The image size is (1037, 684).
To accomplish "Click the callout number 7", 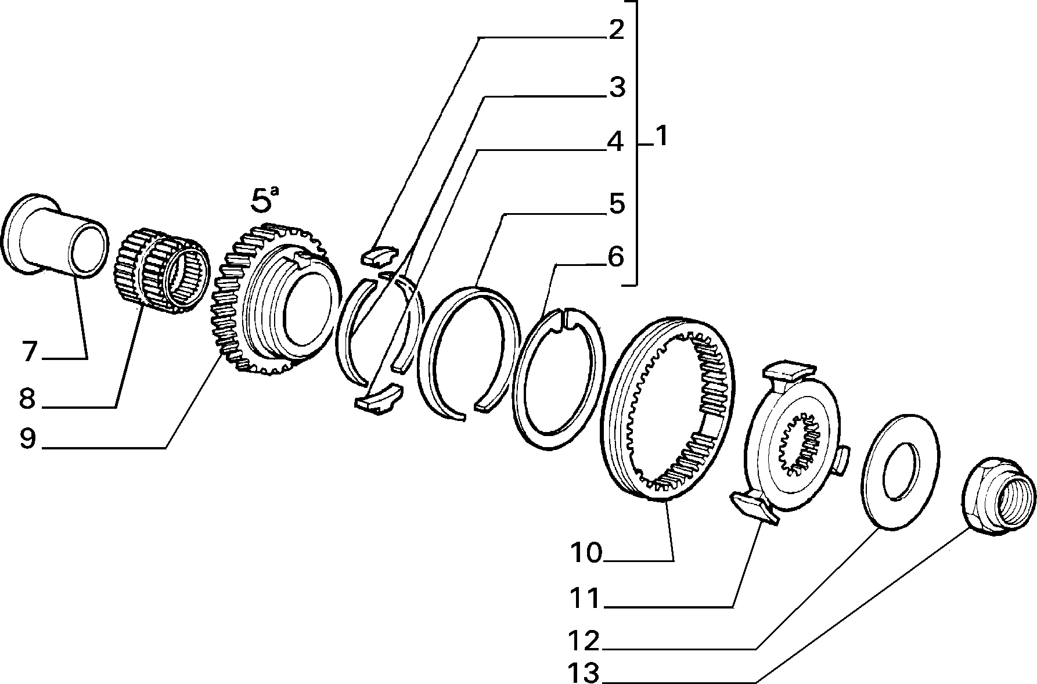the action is coord(30,352).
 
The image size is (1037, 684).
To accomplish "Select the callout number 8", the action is coord(27,399).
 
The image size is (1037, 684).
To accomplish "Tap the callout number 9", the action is coord(27,439).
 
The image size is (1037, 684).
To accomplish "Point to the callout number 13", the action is coord(584,672).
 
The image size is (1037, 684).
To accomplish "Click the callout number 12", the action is coord(584,641).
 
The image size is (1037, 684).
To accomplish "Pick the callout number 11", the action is coord(584,599).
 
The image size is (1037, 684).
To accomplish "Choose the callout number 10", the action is coord(586,553).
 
